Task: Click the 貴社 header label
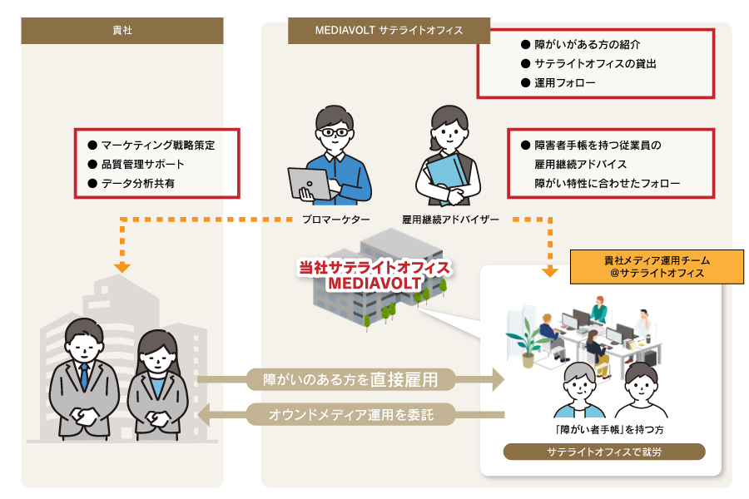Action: [x=122, y=31]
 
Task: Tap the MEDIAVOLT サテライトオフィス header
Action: [x=389, y=31]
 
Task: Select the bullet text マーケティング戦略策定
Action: [x=158, y=145]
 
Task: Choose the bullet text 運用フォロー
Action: [x=565, y=82]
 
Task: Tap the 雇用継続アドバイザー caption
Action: [x=450, y=220]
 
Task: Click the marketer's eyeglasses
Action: [x=336, y=131]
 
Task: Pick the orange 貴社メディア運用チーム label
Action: [x=657, y=267]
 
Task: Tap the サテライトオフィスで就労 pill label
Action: [x=604, y=452]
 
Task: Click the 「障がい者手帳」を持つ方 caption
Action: [x=604, y=429]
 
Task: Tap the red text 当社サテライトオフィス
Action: [x=374, y=268]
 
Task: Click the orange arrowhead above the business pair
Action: [x=122, y=267]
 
